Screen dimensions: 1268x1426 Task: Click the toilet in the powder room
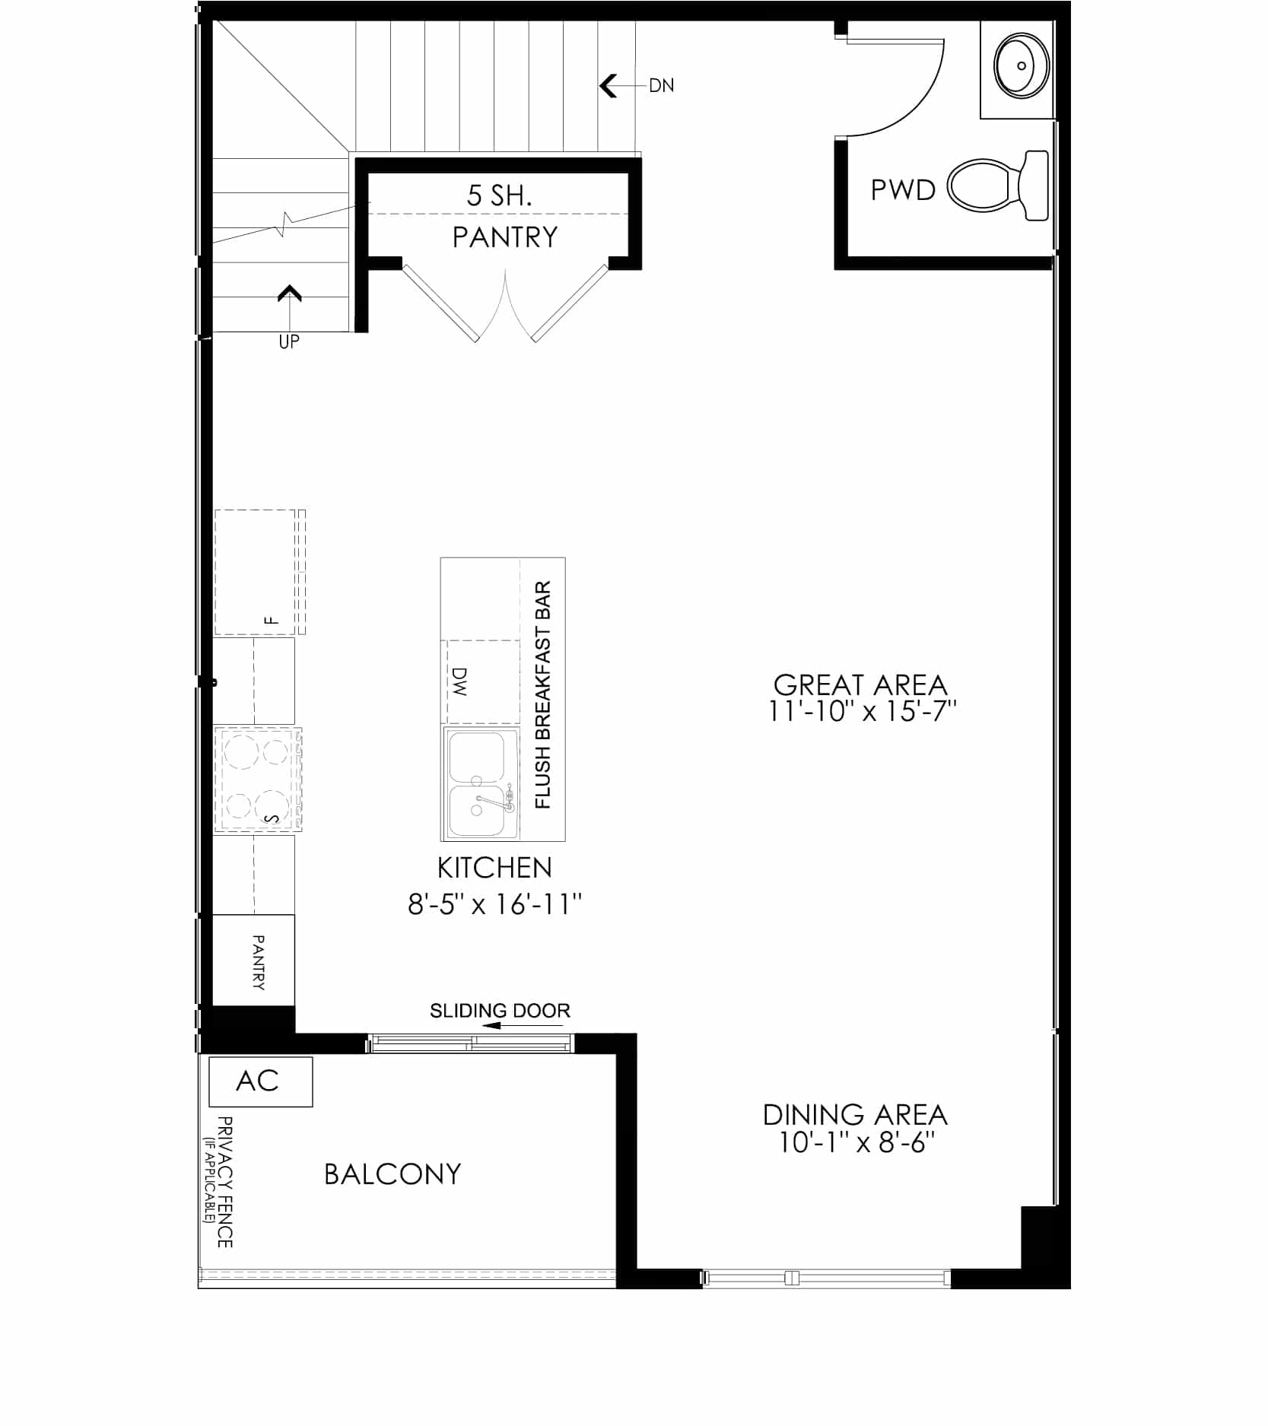click(997, 186)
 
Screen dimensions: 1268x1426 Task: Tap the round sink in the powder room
click(1021, 65)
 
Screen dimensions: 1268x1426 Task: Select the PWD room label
click(903, 190)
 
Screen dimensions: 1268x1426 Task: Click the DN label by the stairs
click(661, 85)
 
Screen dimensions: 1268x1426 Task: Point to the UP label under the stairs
click(289, 341)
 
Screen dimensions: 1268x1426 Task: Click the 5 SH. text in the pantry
click(499, 196)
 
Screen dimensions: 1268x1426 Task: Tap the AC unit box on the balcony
click(260, 1081)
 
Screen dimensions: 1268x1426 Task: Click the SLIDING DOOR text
click(500, 1011)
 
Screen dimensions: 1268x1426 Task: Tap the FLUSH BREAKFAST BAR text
click(542, 695)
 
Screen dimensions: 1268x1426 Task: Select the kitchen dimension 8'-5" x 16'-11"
click(495, 904)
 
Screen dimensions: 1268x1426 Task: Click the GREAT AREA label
click(860, 685)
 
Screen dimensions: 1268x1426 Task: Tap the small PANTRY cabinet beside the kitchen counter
click(253, 960)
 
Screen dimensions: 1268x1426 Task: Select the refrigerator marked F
click(260, 572)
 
